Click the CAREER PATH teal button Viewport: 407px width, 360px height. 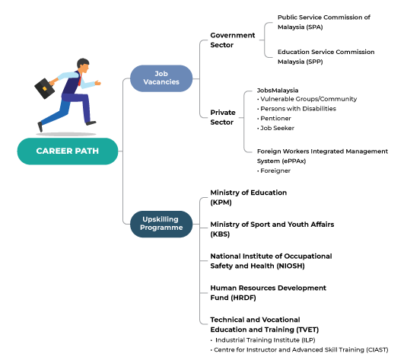click(68, 151)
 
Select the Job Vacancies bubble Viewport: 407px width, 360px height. click(161, 78)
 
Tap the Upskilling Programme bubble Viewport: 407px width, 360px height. click(161, 224)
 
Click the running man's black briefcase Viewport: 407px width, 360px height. click(45, 88)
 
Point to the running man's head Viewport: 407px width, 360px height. click(83, 65)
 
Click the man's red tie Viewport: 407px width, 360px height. click(80, 79)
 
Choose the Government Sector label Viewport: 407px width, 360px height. click(233, 40)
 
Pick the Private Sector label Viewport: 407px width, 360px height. click(223, 117)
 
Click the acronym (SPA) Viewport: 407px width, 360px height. click(314, 27)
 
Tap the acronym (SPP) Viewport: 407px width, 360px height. click(314, 62)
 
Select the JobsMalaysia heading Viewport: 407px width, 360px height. click(278, 91)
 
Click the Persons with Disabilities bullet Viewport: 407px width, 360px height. click(297, 109)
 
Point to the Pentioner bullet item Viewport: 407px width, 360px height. click(274, 119)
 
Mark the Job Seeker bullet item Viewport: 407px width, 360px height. click(275, 128)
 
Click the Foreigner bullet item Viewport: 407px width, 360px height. click(274, 170)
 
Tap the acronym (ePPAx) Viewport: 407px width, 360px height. click(294, 161)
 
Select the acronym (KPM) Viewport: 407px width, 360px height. click(221, 202)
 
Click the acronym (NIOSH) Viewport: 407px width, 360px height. click(291, 266)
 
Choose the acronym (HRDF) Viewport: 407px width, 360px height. click(243, 298)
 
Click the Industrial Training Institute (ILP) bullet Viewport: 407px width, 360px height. click(263, 340)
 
